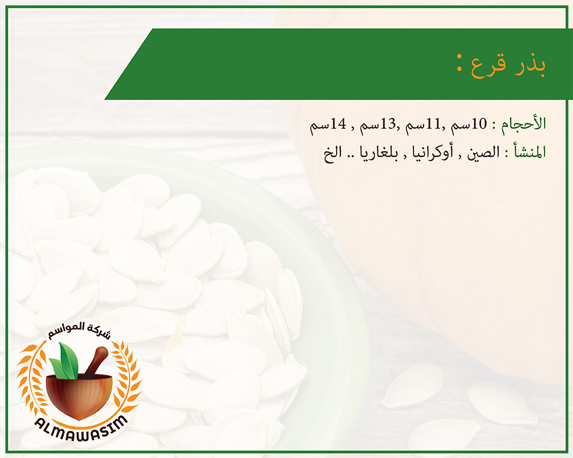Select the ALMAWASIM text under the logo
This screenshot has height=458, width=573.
click(81, 428)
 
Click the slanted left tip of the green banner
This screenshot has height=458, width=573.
click(105, 99)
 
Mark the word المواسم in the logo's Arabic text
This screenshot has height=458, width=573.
click(64, 329)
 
